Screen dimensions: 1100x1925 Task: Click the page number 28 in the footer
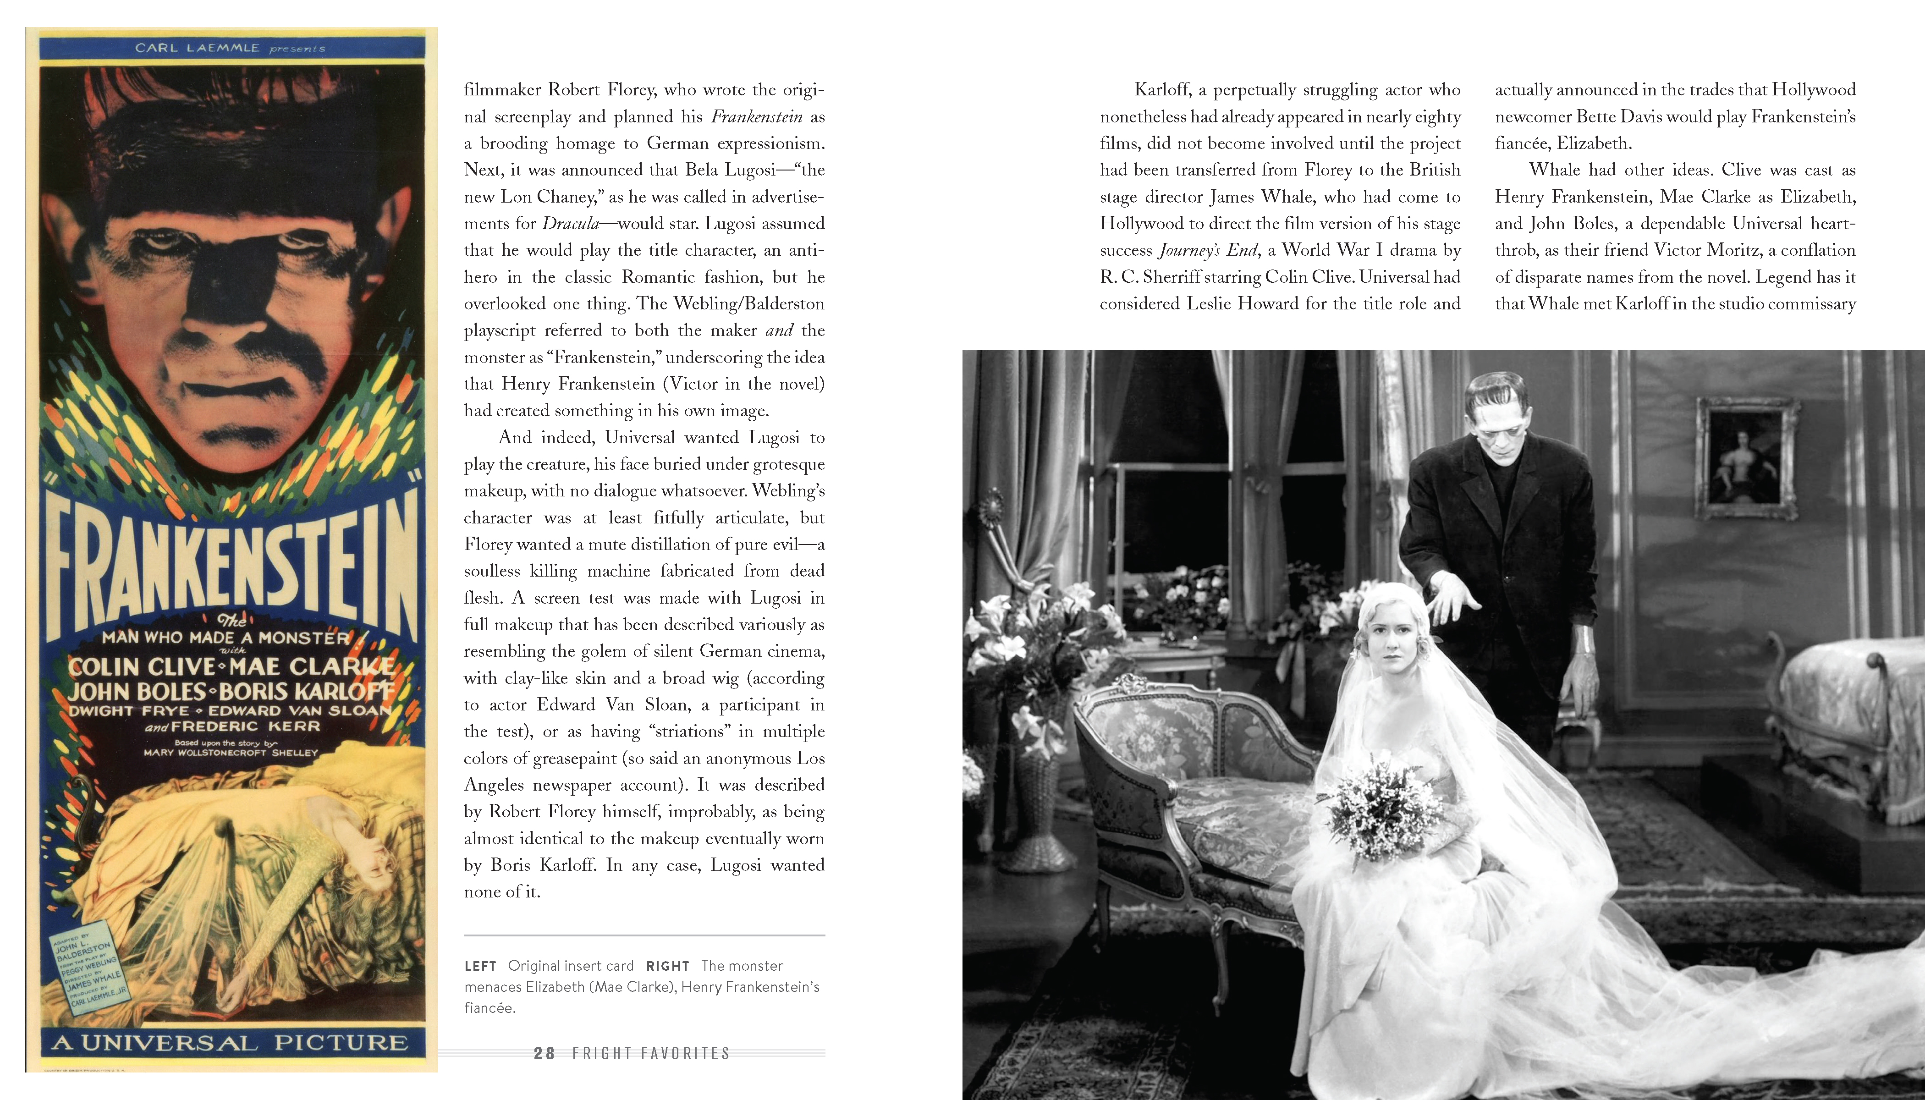point(544,1053)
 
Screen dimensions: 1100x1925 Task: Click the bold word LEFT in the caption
point(480,966)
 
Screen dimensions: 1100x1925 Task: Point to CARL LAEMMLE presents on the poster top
point(231,48)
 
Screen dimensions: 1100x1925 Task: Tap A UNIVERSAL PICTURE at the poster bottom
point(231,1043)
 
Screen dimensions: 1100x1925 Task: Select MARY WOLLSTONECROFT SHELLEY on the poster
point(231,753)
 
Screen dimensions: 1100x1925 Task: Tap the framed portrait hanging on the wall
point(1747,459)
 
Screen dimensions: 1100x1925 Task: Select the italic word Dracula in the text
point(571,224)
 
